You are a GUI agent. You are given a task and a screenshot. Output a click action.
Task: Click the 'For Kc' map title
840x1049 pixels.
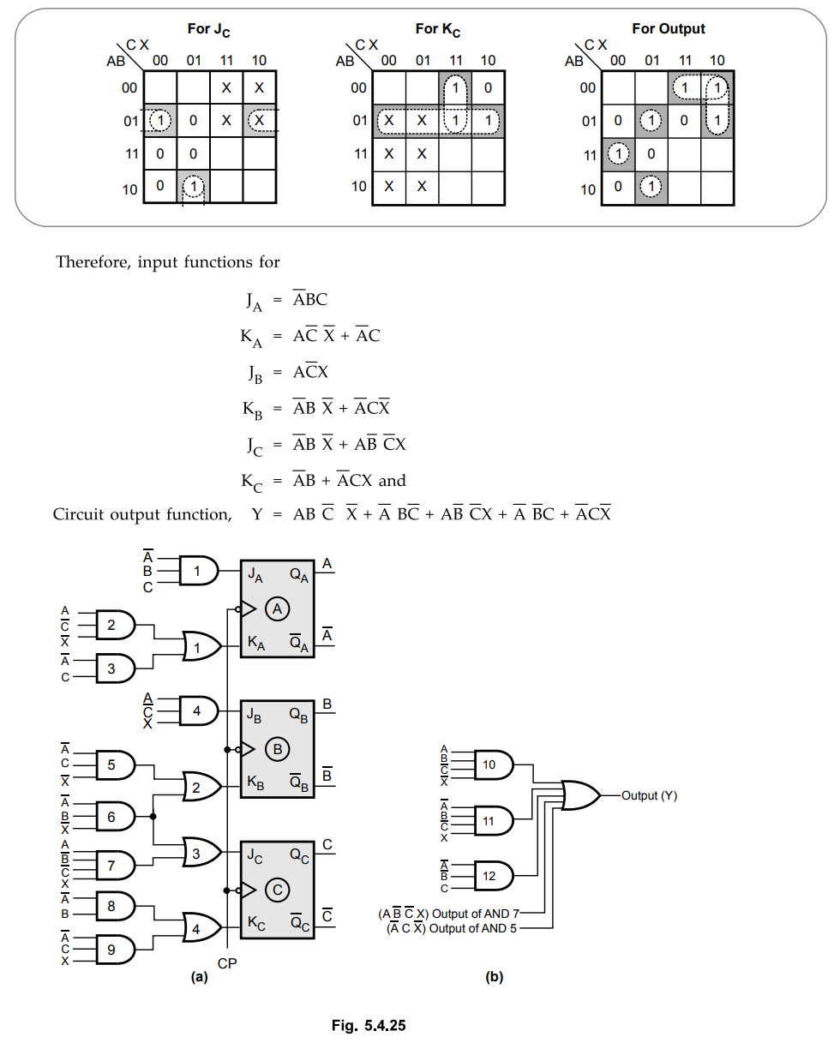[x=437, y=29]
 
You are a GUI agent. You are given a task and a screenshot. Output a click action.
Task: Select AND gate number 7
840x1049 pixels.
[x=116, y=866]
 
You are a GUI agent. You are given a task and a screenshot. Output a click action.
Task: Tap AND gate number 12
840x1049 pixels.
[x=494, y=876]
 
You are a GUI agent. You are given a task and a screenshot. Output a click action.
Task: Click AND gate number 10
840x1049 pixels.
[x=494, y=764]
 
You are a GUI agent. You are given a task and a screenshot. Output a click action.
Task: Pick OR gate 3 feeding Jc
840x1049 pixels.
[x=201, y=852]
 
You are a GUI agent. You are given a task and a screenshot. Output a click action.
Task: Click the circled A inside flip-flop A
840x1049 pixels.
[x=278, y=608]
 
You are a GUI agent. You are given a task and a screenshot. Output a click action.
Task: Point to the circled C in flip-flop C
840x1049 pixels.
[x=278, y=890]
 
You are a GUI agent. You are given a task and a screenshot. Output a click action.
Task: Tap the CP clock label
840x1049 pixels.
[x=227, y=963]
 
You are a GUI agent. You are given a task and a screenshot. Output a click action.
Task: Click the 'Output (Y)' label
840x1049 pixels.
[x=649, y=795]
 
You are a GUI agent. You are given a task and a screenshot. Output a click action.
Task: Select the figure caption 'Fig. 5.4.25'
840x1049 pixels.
[x=369, y=1025]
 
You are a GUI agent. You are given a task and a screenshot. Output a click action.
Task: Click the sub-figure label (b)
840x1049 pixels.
[x=494, y=976]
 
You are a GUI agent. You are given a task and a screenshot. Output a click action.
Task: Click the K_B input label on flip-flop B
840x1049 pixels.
[x=255, y=783]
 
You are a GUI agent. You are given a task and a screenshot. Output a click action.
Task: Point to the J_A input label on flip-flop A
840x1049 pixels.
[x=255, y=575]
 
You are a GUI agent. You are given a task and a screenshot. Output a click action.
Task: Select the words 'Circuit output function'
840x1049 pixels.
[x=142, y=515]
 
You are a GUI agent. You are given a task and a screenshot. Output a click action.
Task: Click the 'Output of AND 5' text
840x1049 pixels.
[x=472, y=929]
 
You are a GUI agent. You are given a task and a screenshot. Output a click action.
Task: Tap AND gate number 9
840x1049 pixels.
[x=116, y=949]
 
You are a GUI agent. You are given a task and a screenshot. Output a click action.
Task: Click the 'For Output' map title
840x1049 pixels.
[x=669, y=29]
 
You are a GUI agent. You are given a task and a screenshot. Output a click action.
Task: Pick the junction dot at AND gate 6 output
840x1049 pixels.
[x=153, y=816]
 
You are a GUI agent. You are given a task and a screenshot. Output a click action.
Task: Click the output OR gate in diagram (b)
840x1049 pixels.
[x=580, y=795]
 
